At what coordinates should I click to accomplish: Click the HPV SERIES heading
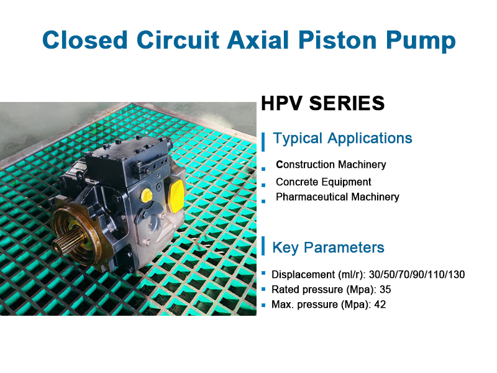[x=323, y=103]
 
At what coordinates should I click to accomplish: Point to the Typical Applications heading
[x=342, y=138]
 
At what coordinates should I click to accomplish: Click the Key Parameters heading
[x=328, y=247]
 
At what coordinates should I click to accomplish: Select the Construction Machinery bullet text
[x=331, y=165]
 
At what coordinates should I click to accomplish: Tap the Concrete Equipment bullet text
[x=324, y=182]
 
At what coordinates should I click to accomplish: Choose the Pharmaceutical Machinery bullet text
[x=337, y=197]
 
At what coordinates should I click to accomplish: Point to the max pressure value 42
[x=380, y=305]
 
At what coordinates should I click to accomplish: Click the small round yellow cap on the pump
[x=147, y=196]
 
